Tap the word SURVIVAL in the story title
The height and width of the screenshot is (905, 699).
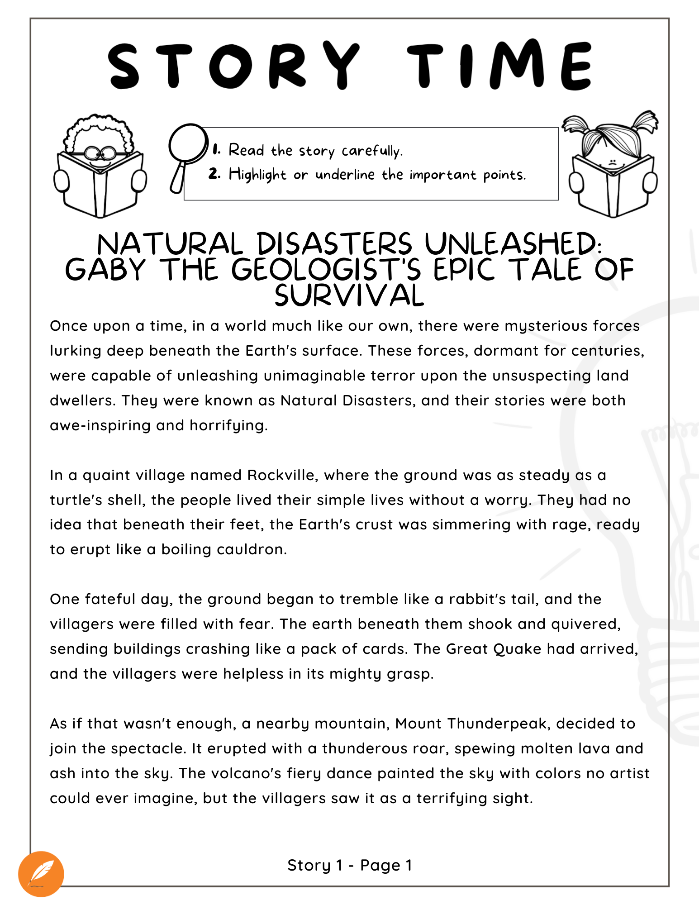(349, 296)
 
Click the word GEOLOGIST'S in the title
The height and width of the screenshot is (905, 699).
(326, 270)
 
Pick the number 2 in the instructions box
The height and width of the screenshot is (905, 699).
(214, 174)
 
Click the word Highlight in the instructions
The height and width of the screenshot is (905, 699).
(257, 175)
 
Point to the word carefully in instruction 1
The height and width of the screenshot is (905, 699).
(371, 151)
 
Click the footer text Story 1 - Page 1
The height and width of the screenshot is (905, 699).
(349, 865)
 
